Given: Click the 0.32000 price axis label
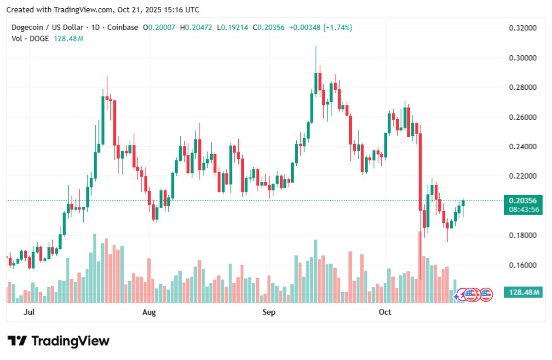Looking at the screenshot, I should pyautogui.click(x=523, y=28).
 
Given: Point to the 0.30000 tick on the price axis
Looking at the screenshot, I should pyautogui.click(x=523, y=58).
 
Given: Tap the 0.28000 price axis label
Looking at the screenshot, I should pyautogui.click(x=523, y=87).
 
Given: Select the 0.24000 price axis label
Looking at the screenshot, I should pyautogui.click(x=523, y=147).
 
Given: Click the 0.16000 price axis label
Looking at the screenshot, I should pyautogui.click(x=523, y=265).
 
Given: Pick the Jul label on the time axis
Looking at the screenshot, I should pyautogui.click(x=29, y=313).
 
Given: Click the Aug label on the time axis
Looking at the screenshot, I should pyautogui.click(x=149, y=313).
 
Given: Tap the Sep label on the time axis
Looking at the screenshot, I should pyautogui.click(x=269, y=313).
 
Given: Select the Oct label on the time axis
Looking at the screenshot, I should pyautogui.click(x=385, y=313).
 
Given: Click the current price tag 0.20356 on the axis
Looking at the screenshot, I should pyautogui.click(x=523, y=200).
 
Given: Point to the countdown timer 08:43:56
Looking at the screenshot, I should pyautogui.click(x=523, y=209).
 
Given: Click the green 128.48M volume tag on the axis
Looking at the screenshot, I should pyautogui.click(x=523, y=292).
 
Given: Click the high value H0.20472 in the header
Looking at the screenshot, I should pyautogui.click(x=196, y=28).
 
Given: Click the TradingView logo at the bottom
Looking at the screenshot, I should pyautogui.click(x=59, y=341).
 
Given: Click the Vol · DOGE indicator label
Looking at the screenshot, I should pyautogui.click(x=29, y=39).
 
